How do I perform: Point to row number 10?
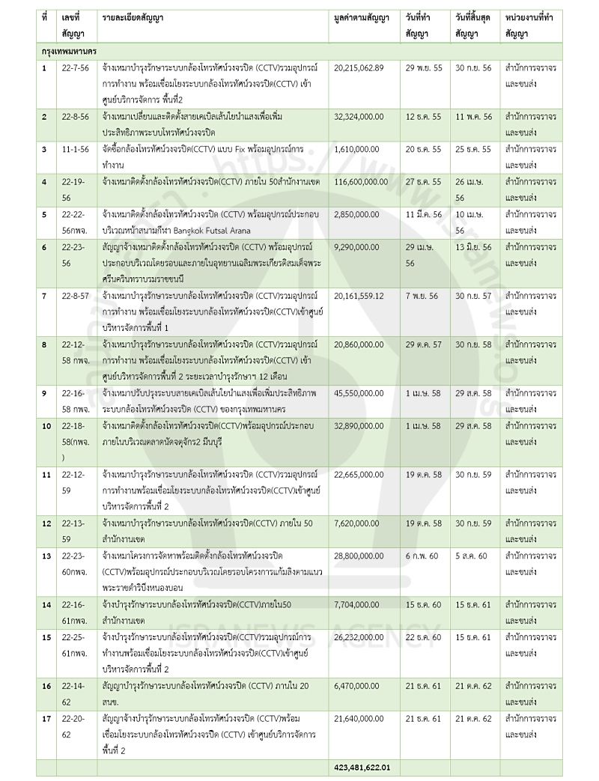[x=46, y=425]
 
